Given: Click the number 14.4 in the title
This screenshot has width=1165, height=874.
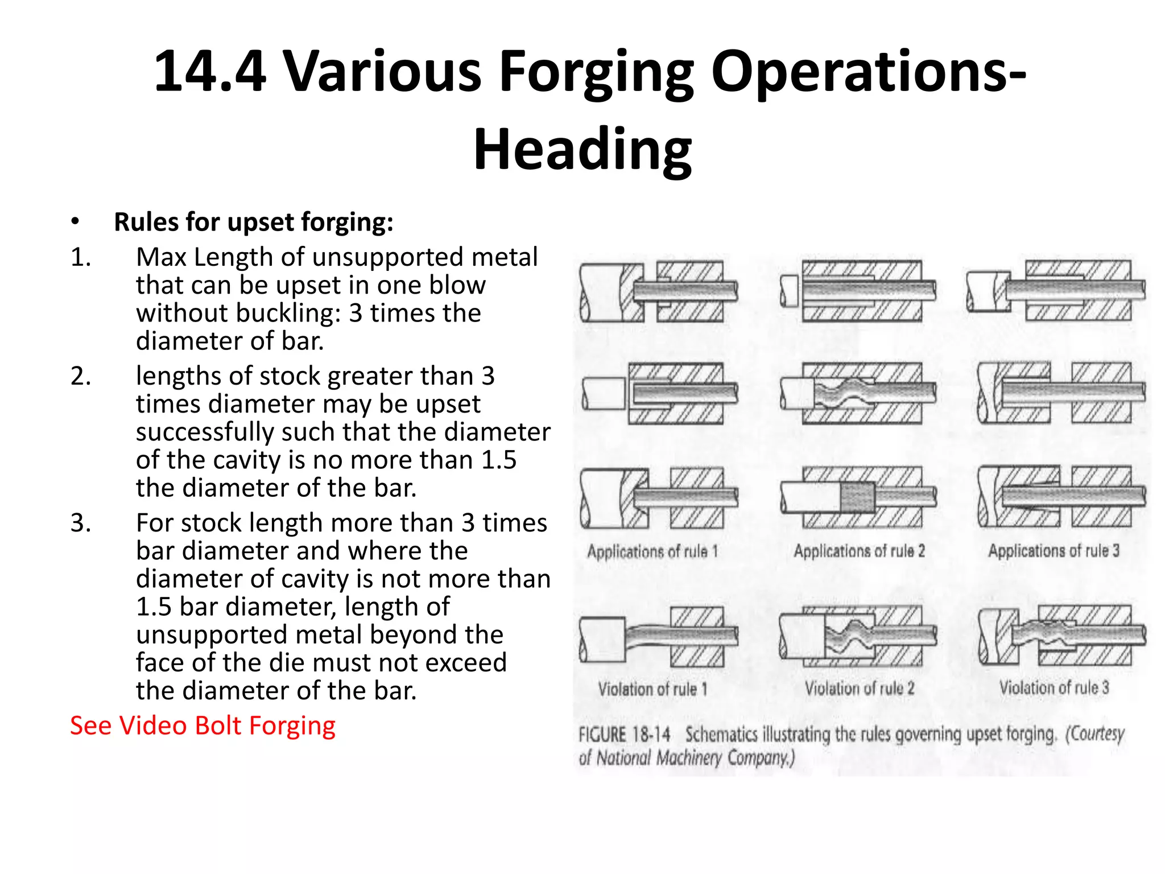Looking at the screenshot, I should [x=210, y=72].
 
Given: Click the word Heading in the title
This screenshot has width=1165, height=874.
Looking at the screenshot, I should [x=582, y=150].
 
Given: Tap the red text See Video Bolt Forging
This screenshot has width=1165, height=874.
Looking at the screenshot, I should [x=203, y=726].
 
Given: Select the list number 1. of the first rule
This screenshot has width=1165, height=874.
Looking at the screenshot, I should [x=81, y=258].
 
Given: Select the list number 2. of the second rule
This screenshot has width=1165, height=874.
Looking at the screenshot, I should [x=81, y=377].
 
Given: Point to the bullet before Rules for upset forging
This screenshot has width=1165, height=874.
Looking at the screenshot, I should [x=75, y=222].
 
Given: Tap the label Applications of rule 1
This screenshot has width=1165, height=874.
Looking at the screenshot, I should [x=652, y=551].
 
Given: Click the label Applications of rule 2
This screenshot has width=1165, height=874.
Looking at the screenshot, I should [x=859, y=551].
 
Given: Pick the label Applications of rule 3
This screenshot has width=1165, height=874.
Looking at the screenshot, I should [x=1054, y=550].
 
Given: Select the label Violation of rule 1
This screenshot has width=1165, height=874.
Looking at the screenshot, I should [x=652, y=689].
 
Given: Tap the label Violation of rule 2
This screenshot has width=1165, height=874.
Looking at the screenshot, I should [x=859, y=689].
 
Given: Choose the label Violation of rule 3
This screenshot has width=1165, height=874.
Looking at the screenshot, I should [x=1054, y=687].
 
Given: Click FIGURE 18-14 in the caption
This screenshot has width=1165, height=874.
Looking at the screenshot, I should [x=624, y=734].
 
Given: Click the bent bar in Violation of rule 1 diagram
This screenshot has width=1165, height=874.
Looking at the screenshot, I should [x=648, y=636].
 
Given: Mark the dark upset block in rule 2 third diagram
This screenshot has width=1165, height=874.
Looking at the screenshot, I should [x=858, y=497].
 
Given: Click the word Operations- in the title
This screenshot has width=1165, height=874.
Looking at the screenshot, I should [x=868, y=72].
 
